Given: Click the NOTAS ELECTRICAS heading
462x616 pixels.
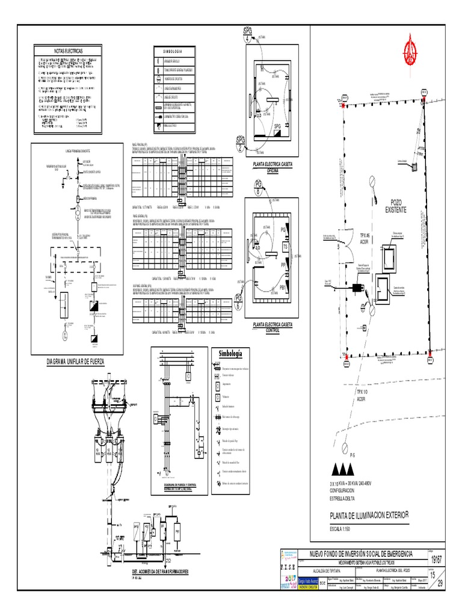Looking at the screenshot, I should click(x=68, y=51).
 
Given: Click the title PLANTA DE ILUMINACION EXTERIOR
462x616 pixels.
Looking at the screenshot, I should click(x=369, y=514).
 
